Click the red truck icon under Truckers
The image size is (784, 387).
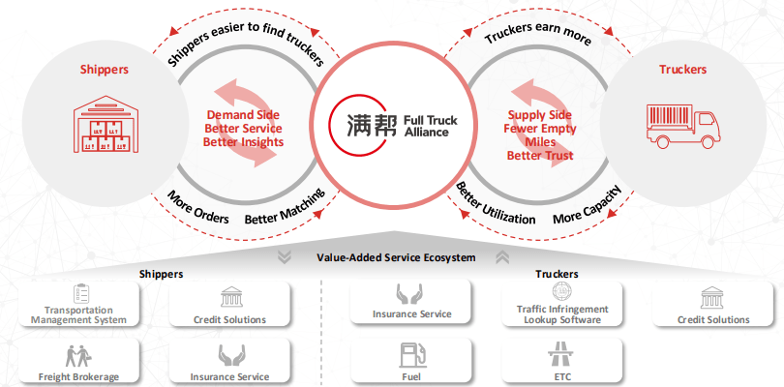(683, 127)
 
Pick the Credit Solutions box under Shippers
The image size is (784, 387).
(230, 305)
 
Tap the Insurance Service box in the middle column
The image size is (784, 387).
(412, 305)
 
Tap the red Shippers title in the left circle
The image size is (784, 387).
(104, 70)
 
